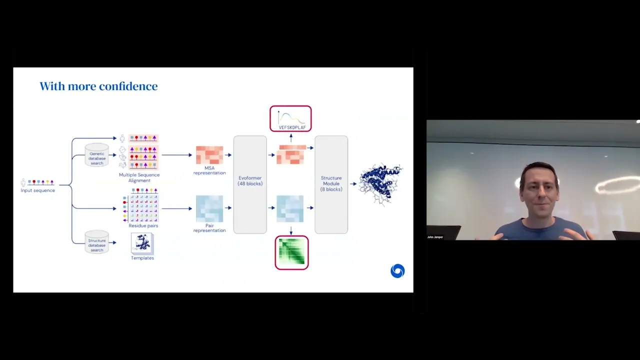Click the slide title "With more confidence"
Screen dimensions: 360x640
(98, 86)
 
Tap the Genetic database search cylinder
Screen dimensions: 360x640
(96, 155)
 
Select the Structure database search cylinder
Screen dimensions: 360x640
(96, 242)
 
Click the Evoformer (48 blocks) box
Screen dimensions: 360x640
(250, 184)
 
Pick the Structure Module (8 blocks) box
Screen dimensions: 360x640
(331, 184)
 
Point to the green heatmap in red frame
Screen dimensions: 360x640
(291, 252)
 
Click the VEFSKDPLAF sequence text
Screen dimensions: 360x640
(292, 127)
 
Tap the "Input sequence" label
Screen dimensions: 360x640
(38, 190)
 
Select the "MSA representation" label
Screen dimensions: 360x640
(209, 170)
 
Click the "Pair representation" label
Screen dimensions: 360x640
(209, 228)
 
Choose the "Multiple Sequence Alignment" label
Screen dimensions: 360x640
(139, 177)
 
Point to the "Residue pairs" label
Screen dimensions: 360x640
(143, 225)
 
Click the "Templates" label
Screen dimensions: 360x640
(142, 258)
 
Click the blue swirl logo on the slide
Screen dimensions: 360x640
(397, 271)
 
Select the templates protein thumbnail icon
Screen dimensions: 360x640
(142, 243)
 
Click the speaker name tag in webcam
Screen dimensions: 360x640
(435, 237)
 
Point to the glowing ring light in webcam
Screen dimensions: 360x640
(618, 185)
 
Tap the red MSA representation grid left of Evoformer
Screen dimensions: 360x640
(209, 155)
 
